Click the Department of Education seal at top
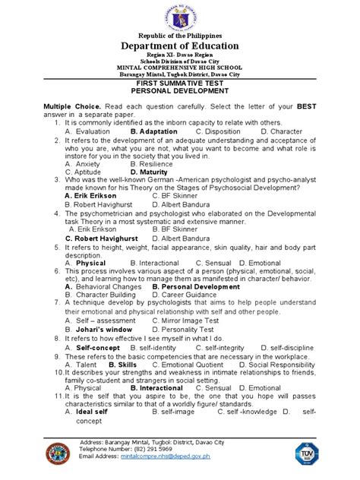179,17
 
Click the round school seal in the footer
57,455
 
